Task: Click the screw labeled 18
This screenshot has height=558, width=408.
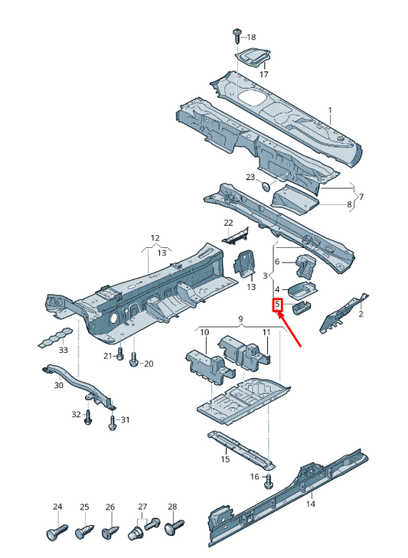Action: pos(237,35)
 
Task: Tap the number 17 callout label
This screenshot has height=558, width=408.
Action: pos(263,74)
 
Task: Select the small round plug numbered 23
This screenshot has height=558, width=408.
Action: pos(265,186)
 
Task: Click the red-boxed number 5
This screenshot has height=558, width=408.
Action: pos(277,305)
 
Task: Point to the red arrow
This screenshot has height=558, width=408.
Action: pos(290,329)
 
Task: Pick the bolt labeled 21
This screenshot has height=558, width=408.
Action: pos(120,354)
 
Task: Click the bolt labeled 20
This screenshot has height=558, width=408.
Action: pos(134,360)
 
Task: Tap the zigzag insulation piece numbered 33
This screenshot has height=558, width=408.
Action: pos(56,338)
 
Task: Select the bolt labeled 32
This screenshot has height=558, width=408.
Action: pos(87,417)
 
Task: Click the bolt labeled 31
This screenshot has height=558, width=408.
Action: pos(113,423)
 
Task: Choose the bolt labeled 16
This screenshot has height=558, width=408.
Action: pos(269,480)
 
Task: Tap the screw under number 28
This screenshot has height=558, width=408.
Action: pos(175,527)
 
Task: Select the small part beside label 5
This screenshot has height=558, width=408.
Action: pos(301,307)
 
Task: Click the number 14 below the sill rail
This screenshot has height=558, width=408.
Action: pos(311,504)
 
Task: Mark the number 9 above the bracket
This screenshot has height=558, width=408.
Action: pos(240,319)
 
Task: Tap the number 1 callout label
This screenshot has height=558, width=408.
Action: pos(330,110)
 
